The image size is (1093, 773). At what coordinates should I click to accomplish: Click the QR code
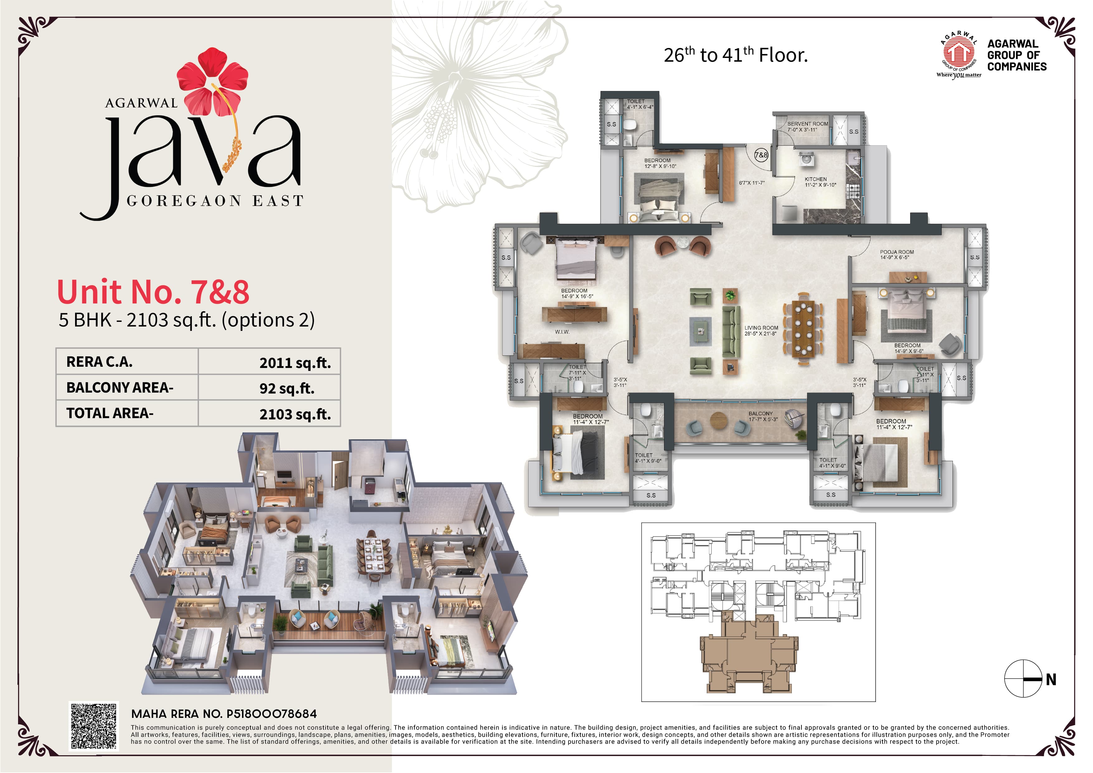(94, 726)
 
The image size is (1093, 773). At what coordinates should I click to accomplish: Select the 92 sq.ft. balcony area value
(287, 389)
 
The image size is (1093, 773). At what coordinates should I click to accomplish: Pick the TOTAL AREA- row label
(110, 413)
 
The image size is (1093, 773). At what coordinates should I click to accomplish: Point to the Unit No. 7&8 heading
(153, 292)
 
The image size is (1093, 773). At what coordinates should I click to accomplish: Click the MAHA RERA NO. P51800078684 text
(224, 713)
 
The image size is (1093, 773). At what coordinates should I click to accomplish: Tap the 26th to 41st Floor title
(735, 55)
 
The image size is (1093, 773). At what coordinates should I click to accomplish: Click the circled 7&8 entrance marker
(761, 155)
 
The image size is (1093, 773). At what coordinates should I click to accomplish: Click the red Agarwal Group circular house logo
(958, 52)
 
